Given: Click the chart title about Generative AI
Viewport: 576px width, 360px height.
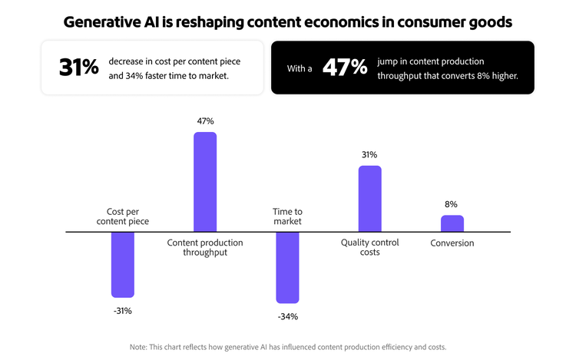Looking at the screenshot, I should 288,21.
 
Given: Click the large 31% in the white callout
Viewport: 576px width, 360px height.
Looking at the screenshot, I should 79,67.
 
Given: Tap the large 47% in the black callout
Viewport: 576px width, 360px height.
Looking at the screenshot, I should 345,67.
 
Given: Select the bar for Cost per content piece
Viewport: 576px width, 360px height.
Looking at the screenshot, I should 123,264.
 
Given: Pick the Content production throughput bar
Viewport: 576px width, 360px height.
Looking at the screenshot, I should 205,182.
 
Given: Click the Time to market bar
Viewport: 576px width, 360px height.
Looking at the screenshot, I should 287,267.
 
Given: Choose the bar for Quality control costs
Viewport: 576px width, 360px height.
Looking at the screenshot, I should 369,199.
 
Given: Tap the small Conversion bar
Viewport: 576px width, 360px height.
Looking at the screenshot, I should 452,223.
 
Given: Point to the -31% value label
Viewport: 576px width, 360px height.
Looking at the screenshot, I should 122,311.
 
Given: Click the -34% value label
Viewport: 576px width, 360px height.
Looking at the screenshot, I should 287,316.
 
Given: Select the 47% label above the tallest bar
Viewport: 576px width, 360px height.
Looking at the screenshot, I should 205,121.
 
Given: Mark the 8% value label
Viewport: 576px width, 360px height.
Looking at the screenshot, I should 452,204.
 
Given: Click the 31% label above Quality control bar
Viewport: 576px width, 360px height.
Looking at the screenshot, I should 369,154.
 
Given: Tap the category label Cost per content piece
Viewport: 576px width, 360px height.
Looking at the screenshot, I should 123,216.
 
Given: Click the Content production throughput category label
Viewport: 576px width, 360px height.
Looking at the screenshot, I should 205,248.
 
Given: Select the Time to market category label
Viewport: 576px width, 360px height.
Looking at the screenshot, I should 287,216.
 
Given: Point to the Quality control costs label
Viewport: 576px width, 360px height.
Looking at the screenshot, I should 369,247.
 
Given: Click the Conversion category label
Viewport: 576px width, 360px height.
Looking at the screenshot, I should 452,243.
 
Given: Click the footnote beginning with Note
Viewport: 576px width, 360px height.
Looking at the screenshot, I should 288,346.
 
